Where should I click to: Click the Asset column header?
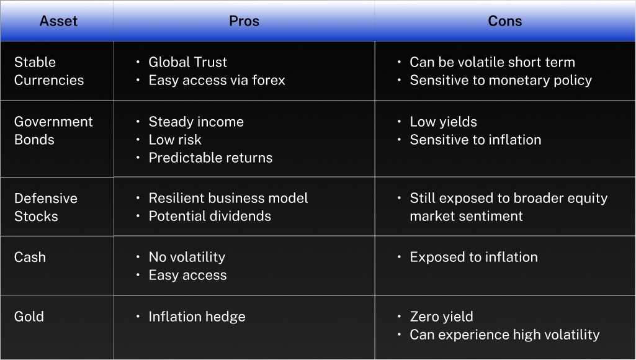coord(58,21)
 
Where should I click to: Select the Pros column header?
coord(244,21)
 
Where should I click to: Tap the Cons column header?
coord(505,21)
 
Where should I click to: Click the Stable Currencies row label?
coord(49,71)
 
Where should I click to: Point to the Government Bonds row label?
coord(53,131)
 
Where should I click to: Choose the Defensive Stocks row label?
coord(46,207)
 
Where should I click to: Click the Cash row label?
coord(30,257)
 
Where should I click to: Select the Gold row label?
coord(29,317)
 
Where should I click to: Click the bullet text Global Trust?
coord(188,62)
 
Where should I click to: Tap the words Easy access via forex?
coord(217,80)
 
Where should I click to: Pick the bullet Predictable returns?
coord(210,158)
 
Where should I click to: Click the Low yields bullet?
coord(443,122)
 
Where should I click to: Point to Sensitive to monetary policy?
coord(501,80)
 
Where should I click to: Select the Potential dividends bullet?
coord(210,217)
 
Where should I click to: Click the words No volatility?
coord(187,258)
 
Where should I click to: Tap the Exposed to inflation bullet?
coord(474,258)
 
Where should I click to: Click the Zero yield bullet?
coord(442,317)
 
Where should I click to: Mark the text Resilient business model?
coord(228,198)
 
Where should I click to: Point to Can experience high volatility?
coord(504,335)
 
